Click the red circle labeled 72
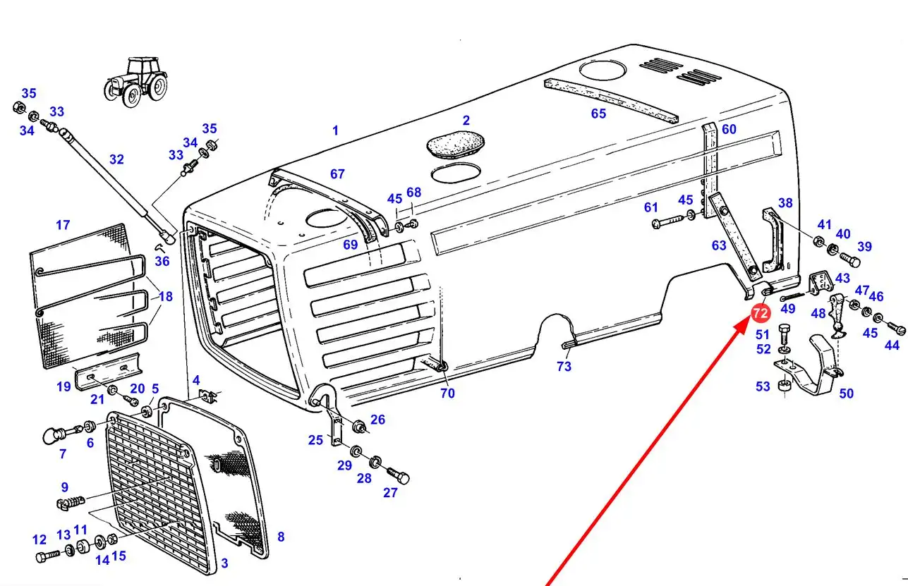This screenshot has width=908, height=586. point(761,313)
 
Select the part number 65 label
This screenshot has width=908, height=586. point(598,114)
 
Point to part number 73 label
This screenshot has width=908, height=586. point(564,366)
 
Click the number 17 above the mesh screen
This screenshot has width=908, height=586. point(63,225)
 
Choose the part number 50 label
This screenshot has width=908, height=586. point(846,393)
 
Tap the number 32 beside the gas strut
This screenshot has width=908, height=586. point(116,160)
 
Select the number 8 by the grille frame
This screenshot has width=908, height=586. point(281,537)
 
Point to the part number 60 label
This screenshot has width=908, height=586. point(729,129)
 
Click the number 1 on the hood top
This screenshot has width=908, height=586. point(336,130)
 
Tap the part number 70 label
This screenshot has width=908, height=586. point(448,393)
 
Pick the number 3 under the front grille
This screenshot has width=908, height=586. point(224,563)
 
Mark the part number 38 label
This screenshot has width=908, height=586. point(785,203)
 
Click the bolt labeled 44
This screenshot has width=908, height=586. point(897,329)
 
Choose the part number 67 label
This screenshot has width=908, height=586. point(337,174)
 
